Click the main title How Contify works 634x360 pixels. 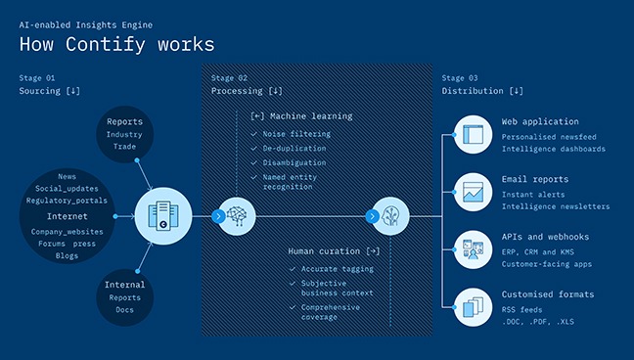116,45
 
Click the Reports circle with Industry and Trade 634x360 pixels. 124,134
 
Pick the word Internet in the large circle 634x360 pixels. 67,216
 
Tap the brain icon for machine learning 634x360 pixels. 235,216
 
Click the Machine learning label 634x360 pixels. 304,116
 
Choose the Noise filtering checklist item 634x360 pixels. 295,133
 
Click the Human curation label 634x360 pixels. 334,251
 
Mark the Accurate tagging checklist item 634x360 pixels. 336,269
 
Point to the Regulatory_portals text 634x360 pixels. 67,201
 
